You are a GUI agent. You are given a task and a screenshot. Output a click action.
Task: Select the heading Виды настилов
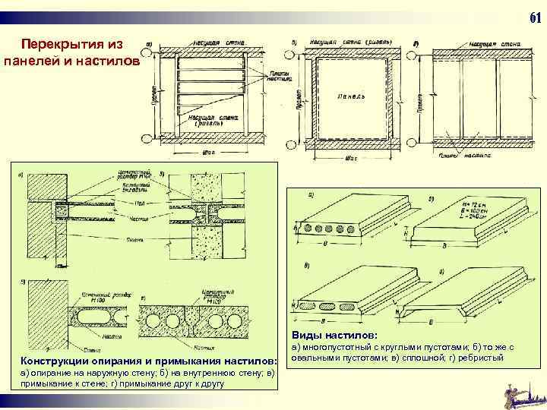click(328, 335)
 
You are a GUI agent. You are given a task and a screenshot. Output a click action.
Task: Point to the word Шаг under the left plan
click(208, 152)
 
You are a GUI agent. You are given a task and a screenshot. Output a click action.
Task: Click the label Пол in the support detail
click(138, 203)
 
